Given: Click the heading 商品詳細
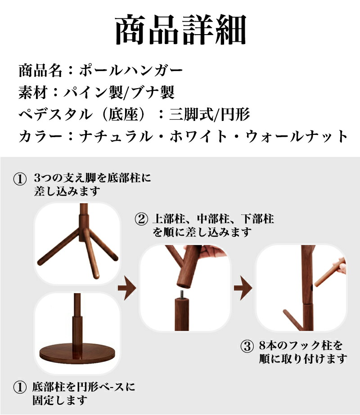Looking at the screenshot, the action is tap(180, 30).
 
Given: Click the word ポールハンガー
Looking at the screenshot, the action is tap(131, 71).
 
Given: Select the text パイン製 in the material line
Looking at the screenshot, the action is tap(93, 92).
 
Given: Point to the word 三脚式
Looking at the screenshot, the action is tap(191, 114).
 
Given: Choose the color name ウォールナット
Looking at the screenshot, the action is tap(297, 136).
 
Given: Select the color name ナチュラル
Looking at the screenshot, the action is tap(116, 136).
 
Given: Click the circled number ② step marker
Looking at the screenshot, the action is tap(141, 219).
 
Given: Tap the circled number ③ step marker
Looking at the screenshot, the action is tap(247, 346).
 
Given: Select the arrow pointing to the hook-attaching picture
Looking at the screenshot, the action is tap(243, 288).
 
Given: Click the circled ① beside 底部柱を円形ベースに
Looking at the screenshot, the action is tap(20, 388).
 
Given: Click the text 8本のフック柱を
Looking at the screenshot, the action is tap(301, 346).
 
